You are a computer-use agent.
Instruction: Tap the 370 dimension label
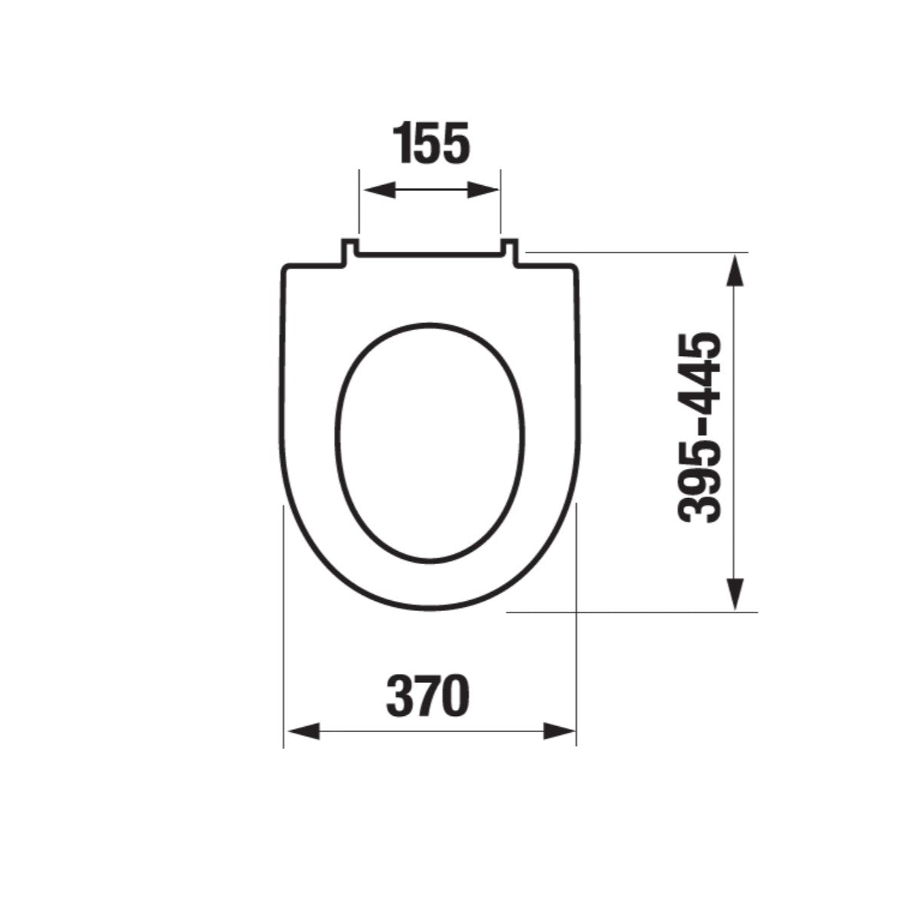(x=427, y=696)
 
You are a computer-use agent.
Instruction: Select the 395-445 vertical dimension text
(x=700, y=428)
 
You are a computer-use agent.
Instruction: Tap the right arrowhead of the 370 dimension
(x=560, y=731)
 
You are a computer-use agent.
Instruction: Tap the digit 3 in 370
(x=400, y=696)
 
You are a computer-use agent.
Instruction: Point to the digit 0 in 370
(x=454, y=696)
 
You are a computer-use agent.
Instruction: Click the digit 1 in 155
(x=405, y=144)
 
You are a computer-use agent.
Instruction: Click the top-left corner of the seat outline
(x=286, y=269)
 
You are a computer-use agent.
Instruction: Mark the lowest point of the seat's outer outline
(x=430, y=612)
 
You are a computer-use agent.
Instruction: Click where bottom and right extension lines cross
(x=576, y=612)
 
